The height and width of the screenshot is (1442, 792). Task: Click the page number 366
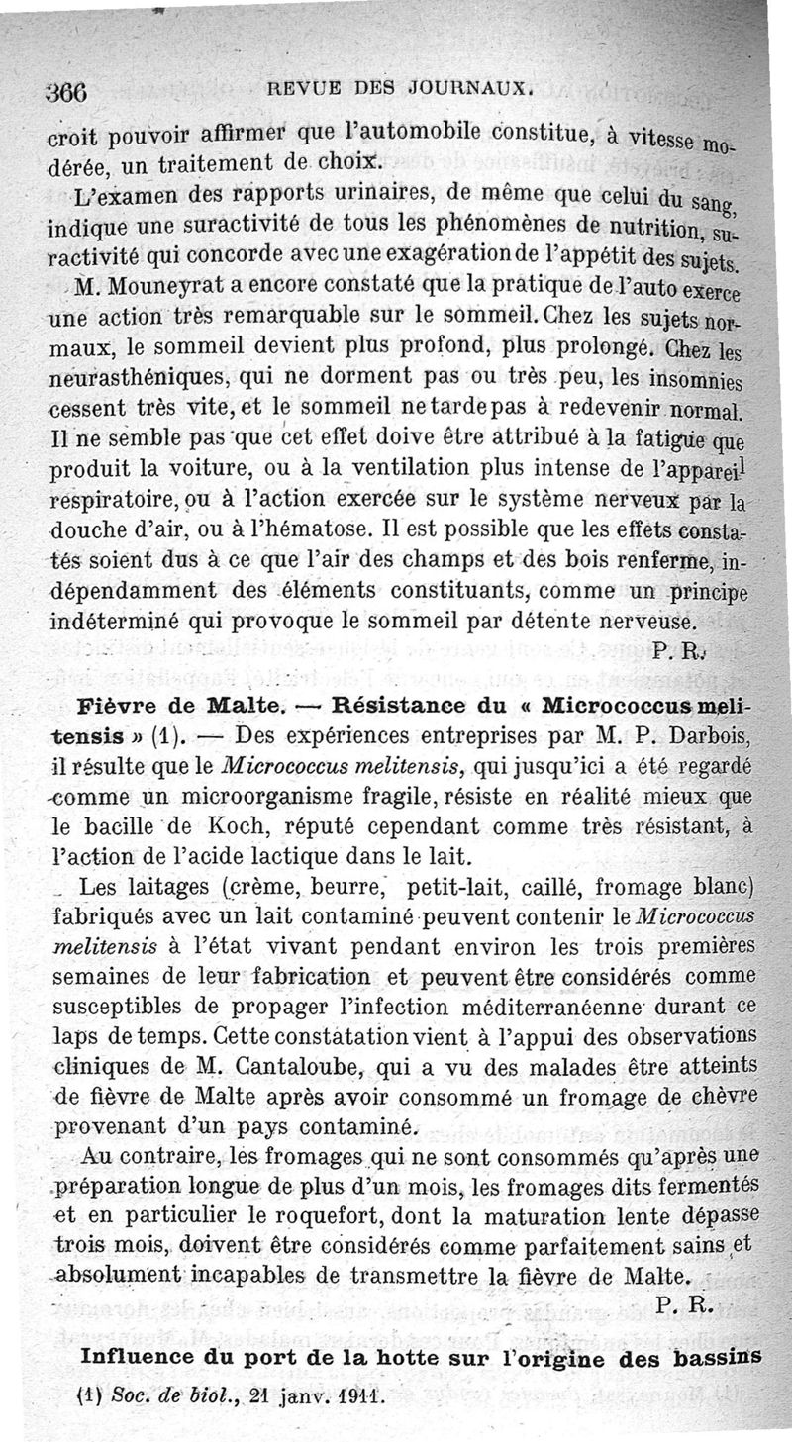point(68,92)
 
